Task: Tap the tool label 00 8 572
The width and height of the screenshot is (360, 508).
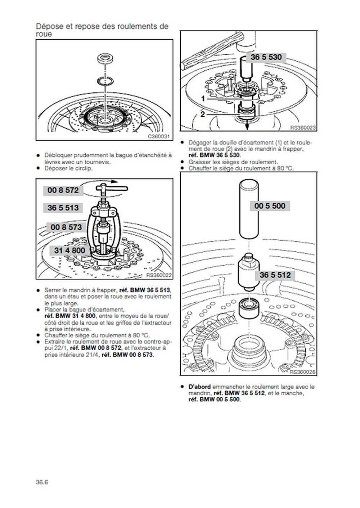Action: [63, 190]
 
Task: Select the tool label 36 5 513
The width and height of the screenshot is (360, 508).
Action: [63, 208]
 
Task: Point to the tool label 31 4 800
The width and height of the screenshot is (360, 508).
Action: [69, 250]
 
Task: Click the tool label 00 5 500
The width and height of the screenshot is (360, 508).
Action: [270, 206]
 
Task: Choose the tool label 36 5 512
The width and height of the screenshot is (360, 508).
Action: [275, 275]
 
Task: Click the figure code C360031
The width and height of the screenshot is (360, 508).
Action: [158, 137]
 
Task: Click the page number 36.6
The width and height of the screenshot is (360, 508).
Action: [42, 482]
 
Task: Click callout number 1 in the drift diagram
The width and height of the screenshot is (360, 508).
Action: [203, 98]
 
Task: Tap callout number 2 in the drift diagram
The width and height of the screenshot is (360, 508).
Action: [203, 114]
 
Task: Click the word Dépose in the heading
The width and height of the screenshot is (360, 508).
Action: [48, 26]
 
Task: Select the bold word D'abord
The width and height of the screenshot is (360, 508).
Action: [199, 387]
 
